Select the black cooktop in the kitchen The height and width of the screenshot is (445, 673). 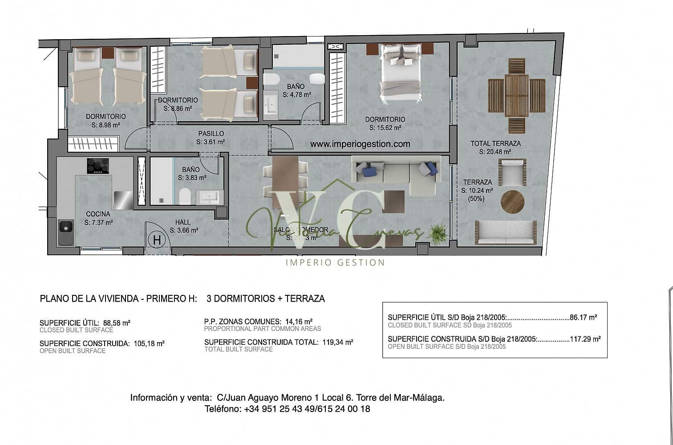click(97, 166)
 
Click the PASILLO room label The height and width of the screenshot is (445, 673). click(211, 134)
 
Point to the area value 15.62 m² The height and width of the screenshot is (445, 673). click(385, 127)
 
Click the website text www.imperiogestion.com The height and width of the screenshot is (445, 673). click(360, 144)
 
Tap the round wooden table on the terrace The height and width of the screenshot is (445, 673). click(513, 202)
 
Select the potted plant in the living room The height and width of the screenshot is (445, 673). click(438, 233)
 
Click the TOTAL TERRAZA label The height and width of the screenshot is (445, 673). click(495, 143)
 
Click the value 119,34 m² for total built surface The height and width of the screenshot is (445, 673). click(337, 342)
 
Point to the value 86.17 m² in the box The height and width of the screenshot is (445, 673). click(583, 318)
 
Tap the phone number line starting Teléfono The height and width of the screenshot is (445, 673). click(287, 408)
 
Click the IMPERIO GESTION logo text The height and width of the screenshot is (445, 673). click(335, 262)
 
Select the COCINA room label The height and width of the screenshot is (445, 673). click(98, 214)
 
